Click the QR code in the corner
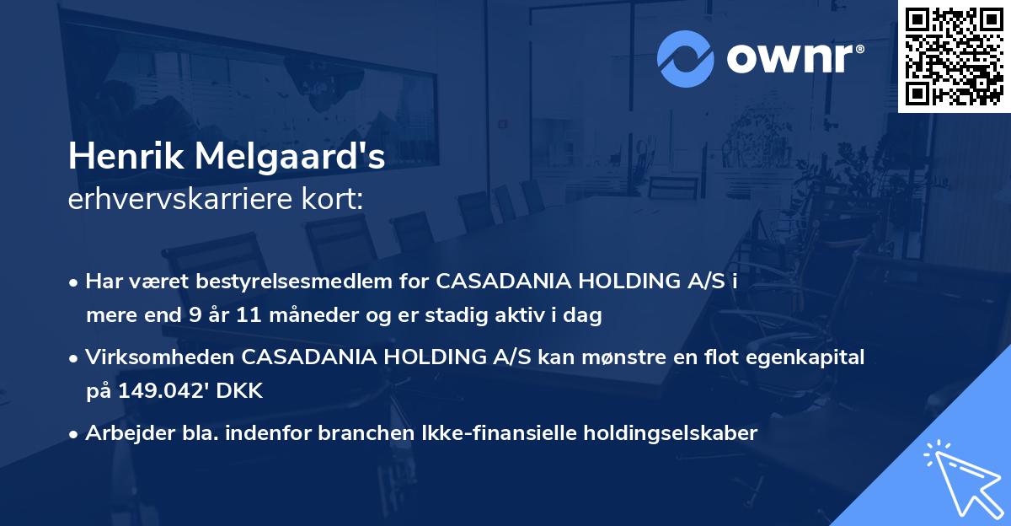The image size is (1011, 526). pos(954,56)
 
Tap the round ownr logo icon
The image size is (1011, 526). pos(685,58)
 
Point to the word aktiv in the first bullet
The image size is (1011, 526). pos(544,316)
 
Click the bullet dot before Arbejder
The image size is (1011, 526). pos(75,434)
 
